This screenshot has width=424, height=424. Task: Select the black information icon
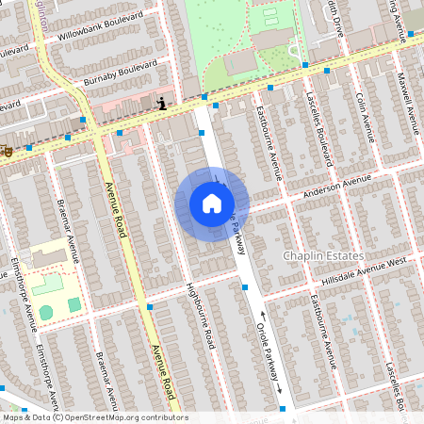tap(163, 104)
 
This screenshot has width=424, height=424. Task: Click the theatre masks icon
tap(7, 149)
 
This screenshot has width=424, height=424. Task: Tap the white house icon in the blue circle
tap(212, 204)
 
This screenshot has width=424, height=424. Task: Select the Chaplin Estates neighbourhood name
tap(321, 255)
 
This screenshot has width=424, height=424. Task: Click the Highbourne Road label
tap(201, 316)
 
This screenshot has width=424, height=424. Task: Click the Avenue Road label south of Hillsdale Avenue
tap(163, 373)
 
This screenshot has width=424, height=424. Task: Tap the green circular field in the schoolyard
tap(46, 311)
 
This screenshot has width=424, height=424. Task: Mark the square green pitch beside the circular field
tap(73, 304)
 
